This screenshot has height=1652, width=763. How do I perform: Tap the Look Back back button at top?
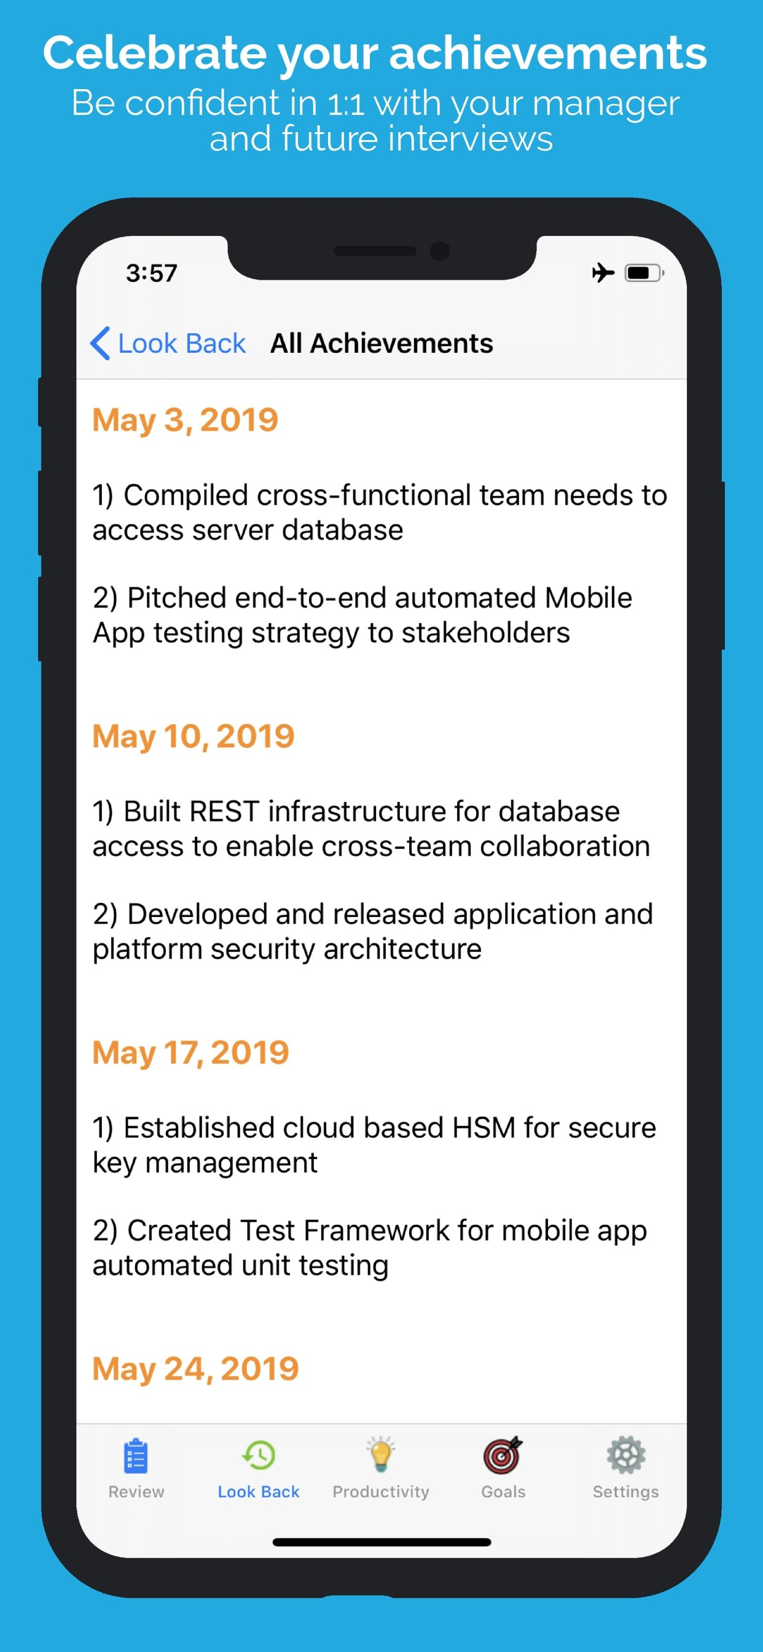tap(168, 344)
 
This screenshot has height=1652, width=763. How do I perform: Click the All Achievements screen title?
tap(381, 344)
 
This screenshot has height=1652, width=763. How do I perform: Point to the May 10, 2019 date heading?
tap(193, 737)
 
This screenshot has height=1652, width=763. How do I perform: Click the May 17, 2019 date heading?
tap(190, 1053)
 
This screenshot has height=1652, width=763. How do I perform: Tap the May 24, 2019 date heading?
tap(195, 1369)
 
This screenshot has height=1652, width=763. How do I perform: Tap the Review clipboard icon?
tap(136, 1457)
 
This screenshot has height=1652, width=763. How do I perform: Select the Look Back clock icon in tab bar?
tap(259, 1456)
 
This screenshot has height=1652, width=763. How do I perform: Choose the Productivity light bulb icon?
tap(381, 1455)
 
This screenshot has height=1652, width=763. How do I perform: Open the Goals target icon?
tap(503, 1456)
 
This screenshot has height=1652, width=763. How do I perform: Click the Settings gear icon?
tap(626, 1456)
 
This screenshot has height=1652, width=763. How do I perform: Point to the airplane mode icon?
tap(603, 273)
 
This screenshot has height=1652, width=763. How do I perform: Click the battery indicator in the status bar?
tap(644, 273)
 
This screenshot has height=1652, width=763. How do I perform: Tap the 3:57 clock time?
tap(151, 274)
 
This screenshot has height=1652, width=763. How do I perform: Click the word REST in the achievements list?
tap(224, 812)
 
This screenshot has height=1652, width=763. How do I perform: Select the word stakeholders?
tap(485, 634)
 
